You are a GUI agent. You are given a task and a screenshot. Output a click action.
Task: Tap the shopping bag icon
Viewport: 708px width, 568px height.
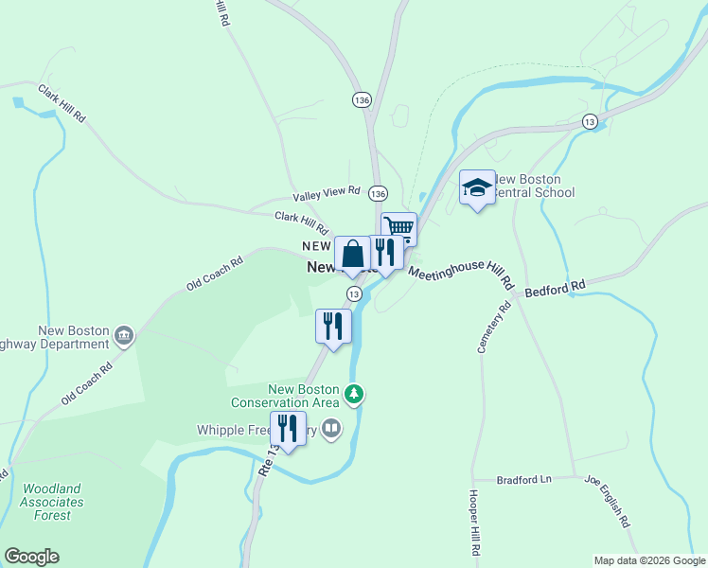click(352, 254)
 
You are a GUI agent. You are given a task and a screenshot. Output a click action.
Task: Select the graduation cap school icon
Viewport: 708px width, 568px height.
click(477, 188)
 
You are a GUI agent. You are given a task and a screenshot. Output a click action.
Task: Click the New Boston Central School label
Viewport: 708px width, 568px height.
click(535, 186)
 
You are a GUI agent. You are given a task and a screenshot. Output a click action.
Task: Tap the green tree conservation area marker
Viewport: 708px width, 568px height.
click(354, 393)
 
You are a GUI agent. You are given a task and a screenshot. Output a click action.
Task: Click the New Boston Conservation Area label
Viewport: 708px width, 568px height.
click(303, 396)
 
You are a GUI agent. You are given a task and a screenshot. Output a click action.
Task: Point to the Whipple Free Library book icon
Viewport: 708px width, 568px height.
click(331, 430)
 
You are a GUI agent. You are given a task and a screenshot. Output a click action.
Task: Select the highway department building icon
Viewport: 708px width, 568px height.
click(123, 336)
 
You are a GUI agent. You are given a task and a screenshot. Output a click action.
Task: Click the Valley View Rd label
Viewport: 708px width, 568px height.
click(327, 193)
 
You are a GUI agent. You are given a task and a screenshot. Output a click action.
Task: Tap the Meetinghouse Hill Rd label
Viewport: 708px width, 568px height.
click(460, 275)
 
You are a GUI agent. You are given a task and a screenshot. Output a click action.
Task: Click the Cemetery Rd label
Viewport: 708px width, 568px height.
click(493, 327)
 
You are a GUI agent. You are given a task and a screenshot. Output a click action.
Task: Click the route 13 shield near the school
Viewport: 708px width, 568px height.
click(590, 121)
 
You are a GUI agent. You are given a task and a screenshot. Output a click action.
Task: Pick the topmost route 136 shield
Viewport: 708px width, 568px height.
click(362, 99)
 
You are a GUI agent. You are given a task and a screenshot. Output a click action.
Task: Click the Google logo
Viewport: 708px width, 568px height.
click(31, 557)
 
